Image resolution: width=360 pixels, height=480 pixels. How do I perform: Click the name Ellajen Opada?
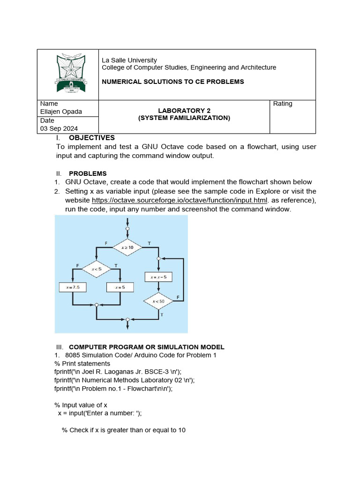point(61,111)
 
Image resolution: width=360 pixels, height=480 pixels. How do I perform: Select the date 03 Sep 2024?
point(59,128)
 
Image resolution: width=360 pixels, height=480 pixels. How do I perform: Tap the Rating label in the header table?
point(282,104)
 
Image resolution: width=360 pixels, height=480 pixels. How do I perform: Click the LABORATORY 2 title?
point(184,111)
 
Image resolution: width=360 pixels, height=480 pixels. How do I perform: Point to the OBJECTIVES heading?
point(91,138)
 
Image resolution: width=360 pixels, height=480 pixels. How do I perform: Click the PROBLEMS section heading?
point(88,173)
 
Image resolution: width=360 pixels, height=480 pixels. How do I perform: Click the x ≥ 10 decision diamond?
point(127,247)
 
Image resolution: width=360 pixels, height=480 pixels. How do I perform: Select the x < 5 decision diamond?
point(96,269)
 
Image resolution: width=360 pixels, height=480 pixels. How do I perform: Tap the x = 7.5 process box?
point(72,287)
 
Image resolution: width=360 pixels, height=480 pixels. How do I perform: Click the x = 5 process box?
point(120,287)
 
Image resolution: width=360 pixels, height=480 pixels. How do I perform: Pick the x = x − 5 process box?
point(158,277)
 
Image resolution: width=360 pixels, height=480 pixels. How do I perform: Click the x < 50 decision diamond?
point(158,301)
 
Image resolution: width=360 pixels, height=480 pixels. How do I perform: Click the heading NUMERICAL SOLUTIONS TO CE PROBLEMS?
point(173,82)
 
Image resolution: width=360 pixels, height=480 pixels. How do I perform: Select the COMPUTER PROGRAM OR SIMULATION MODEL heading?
point(146,347)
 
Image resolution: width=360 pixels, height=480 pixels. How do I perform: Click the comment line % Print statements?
point(82,363)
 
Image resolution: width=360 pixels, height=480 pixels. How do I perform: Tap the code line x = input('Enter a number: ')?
point(99,413)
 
